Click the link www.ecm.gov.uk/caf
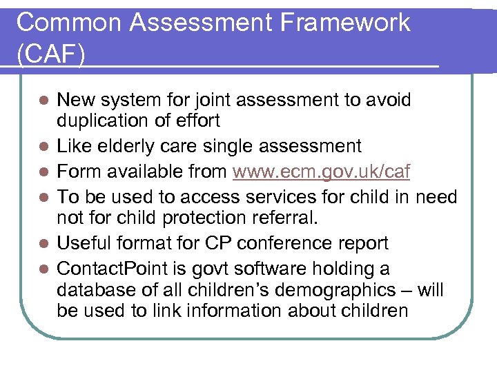321,172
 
